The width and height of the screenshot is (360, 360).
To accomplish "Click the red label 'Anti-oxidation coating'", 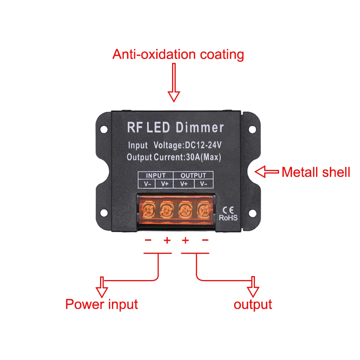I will (x=178, y=54).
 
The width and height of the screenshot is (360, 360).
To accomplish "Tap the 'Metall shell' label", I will (x=315, y=172).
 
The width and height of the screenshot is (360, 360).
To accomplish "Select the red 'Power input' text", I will (x=102, y=304).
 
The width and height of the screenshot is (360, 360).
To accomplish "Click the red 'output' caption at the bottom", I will (x=253, y=304).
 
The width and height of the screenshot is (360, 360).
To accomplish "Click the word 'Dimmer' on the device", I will (x=200, y=127).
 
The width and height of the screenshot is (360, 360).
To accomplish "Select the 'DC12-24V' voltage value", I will (x=203, y=145).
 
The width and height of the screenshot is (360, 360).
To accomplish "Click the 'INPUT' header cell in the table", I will (x=156, y=176).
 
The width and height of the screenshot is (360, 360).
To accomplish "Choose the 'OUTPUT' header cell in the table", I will (x=193, y=176).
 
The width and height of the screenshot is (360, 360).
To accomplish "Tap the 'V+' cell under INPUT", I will (x=165, y=184).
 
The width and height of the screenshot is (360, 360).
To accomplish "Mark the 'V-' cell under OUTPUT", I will (x=204, y=184).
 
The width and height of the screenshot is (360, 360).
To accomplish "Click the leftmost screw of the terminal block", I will (x=148, y=208).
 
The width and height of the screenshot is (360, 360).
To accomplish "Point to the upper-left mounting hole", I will (x=103, y=128).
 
